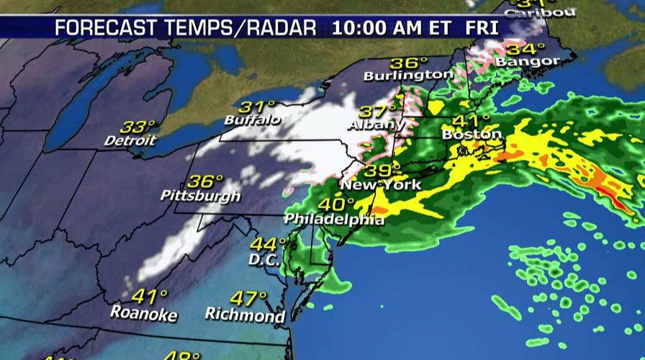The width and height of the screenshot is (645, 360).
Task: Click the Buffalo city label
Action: (252, 120)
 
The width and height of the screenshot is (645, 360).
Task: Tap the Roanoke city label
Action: (139, 312)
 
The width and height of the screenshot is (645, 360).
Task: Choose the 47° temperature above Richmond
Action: (249, 299)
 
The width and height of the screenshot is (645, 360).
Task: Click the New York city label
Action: (381, 185)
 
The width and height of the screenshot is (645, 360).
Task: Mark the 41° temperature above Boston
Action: (477, 120)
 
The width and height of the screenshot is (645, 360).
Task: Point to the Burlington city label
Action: (409, 75)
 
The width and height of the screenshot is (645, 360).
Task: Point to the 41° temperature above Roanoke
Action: (150, 295)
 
